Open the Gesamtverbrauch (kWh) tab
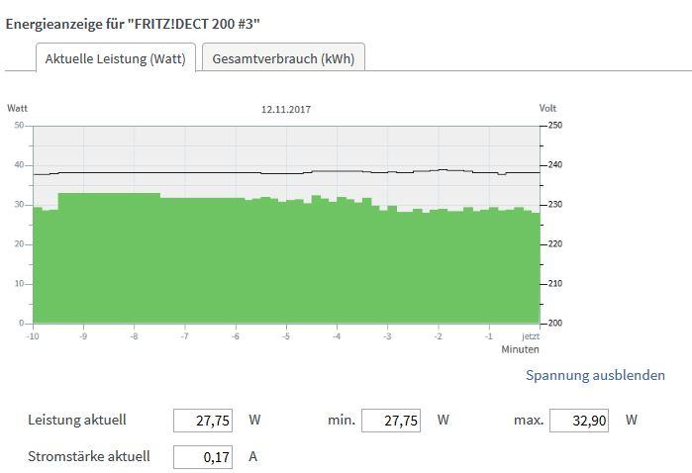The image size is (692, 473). pyautogui.click(x=283, y=58)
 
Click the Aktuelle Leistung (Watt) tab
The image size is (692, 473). pyautogui.click(x=116, y=58)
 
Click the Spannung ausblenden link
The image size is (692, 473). pyautogui.click(x=595, y=375)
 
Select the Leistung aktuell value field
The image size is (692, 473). pyautogui.click(x=203, y=421)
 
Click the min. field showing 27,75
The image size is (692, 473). pyautogui.click(x=391, y=421)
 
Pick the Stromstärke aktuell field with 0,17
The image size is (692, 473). pyautogui.click(x=203, y=457)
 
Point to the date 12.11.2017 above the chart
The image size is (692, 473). pyautogui.click(x=286, y=109)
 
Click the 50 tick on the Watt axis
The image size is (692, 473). pyautogui.click(x=19, y=126)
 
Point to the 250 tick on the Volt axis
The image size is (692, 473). pyautogui.click(x=554, y=126)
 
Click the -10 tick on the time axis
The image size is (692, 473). pyautogui.click(x=33, y=336)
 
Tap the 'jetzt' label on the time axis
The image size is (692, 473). pyautogui.click(x=532, y=336)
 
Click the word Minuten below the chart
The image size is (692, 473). pyautogui.click(x=520, y=349)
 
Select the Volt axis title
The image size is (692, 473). pyautogui.click(x=548, y=108)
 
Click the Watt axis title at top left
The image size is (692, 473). pyautogui.click(x=17, y=108)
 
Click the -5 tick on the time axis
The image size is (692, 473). pyautogui.click(x=285, y=336)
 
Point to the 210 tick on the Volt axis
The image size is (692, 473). pyautogui.click(x=554, y=284)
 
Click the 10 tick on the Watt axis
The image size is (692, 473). pyautogui.click(x=19, y=284)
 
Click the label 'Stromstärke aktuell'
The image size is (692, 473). pyautogui.click(x=89, y=457)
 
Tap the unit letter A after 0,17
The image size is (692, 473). pyautogui.click(x=253, y=457)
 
